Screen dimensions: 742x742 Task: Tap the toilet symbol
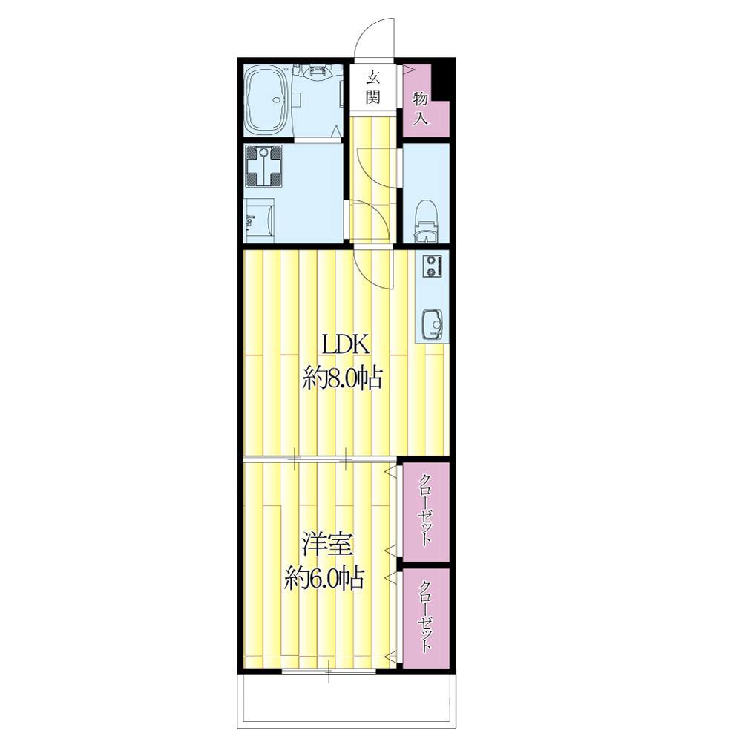click(x=426, y=221)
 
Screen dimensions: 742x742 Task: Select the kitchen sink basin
click(x=432, y=324)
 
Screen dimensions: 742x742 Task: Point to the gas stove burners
click(x=432, y=266)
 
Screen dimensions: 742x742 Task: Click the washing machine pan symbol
click(x=263, y=166)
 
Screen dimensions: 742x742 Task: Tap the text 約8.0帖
click(x=342, y=380)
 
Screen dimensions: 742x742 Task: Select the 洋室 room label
click(x=326, y=544)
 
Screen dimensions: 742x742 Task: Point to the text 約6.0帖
click(x=324, y=578)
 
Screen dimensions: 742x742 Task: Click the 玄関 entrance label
click(x=373, y=87)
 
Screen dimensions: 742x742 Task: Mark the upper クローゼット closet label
click(x=426, y=509)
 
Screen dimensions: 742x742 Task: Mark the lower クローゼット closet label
click(x=426, y=616)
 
